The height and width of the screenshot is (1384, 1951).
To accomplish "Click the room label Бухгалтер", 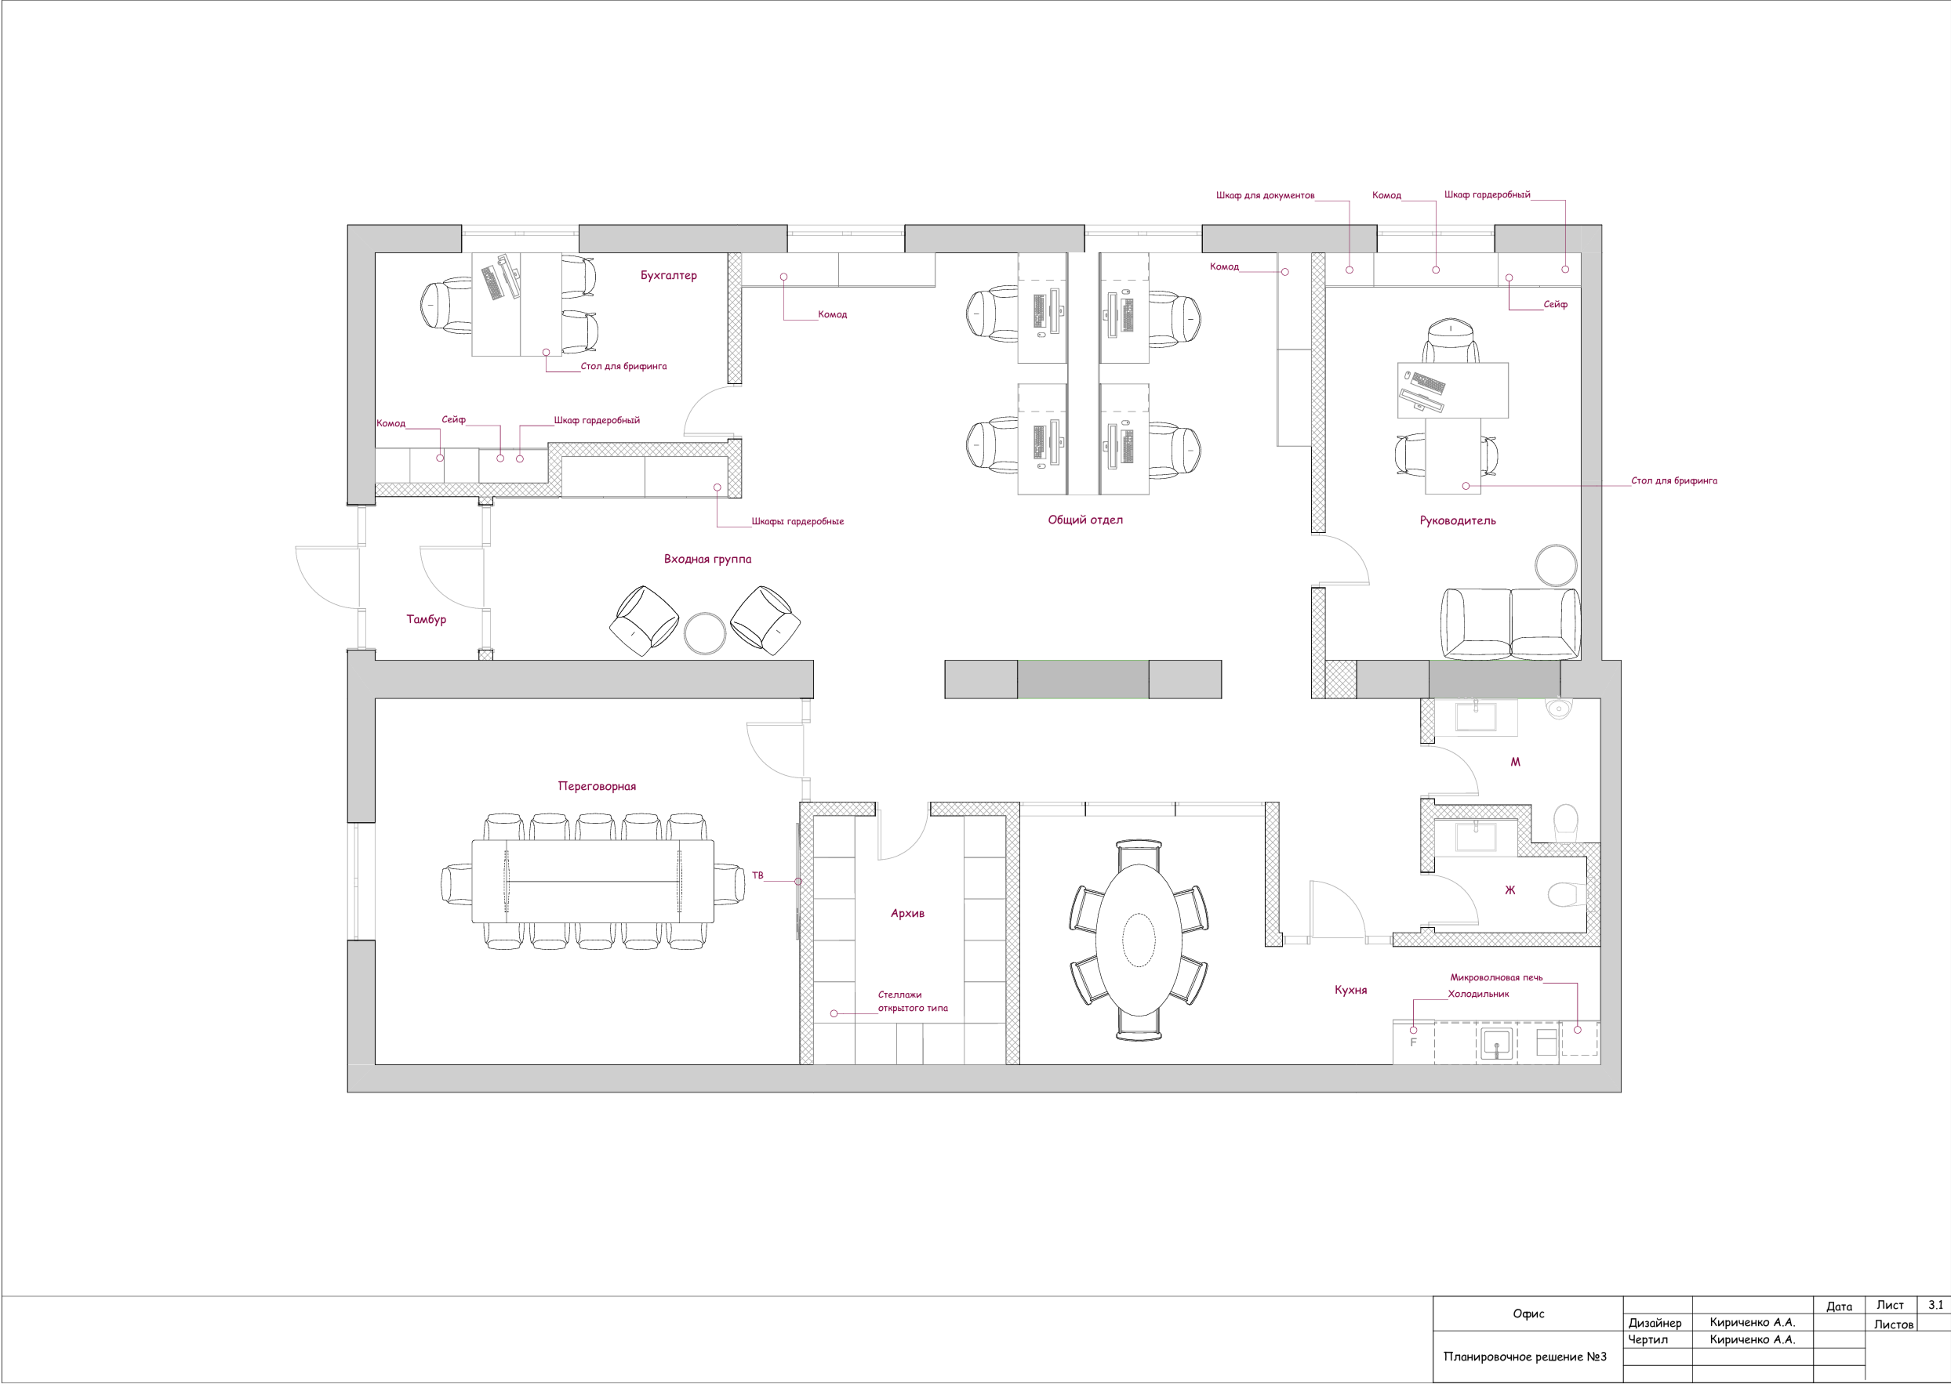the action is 669,275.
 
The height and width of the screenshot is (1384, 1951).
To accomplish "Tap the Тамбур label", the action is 427,620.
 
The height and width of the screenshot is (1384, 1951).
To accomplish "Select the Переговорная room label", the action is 597,787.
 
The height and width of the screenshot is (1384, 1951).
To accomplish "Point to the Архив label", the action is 907,914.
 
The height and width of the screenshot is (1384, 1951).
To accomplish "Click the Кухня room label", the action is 1350,991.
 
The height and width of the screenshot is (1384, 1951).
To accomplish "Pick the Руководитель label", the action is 1457,520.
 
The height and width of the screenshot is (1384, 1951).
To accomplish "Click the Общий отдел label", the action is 1085,520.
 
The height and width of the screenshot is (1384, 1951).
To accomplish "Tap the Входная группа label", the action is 708,559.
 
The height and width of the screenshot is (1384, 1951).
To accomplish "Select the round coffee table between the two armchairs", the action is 705,633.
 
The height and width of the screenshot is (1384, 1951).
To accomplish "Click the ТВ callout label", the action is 758,875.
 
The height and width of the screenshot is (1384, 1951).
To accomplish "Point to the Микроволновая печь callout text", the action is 1496,977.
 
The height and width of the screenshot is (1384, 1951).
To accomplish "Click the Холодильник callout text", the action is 1479,994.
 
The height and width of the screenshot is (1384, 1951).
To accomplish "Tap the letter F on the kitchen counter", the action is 1413,1042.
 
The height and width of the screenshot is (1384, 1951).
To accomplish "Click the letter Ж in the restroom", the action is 1510,889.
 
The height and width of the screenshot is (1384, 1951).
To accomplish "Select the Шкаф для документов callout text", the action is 1266,196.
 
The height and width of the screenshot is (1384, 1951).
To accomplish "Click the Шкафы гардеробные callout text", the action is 797,522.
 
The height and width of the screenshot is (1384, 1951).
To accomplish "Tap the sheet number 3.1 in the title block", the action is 1935,1305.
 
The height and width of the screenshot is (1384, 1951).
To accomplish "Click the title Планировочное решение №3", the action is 1524,1357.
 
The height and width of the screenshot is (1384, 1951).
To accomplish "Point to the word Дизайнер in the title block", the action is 1655,1324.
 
